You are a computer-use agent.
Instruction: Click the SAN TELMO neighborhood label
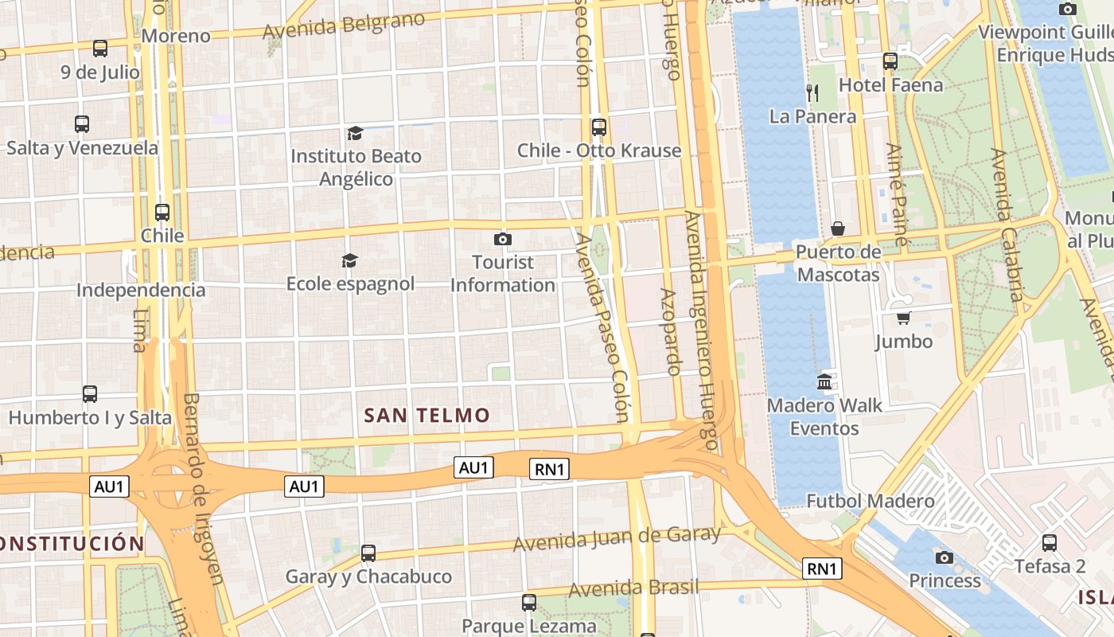[x=427, y=415]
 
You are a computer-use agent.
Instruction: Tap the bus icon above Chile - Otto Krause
[x=599, y=127]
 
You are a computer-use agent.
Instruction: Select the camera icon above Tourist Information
[x=502, y=239]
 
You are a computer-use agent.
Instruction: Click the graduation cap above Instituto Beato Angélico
[x=355, y=133]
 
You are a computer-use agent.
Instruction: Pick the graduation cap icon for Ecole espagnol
[x=349, y=260]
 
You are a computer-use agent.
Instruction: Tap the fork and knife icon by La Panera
[x=812, y=93]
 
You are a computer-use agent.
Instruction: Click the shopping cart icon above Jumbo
[x=903, y=318]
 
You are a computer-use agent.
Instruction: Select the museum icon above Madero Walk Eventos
[x=824, y=382]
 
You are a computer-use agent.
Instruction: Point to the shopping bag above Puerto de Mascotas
[x=838, y=229]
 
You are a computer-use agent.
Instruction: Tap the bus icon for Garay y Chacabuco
[x=368, y=553]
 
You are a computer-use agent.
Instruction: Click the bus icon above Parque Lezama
[x=529, y=603]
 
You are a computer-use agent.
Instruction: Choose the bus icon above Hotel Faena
[x=890, y=61]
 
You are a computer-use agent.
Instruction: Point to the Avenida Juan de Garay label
[x=617, y=539]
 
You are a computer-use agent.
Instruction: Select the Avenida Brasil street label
[x=633, y=588]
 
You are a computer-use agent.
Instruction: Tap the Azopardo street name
[x=670, y=332]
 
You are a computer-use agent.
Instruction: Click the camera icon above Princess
[x=945, y=557]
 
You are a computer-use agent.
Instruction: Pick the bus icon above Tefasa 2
[x=1050, y=543]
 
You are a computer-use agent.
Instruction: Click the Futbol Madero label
[x=871, y=501]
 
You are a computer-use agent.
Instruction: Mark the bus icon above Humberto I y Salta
[x=90, y=394]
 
